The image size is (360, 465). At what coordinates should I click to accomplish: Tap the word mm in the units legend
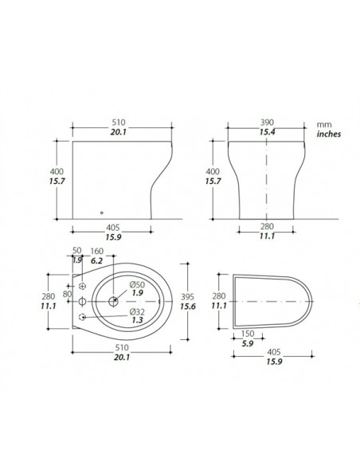point(323,126)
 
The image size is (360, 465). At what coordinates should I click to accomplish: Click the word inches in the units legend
point(327,135)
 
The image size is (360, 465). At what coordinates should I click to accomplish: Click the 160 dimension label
point(96,251)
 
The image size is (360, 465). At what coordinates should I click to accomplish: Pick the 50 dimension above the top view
point(76,251)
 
